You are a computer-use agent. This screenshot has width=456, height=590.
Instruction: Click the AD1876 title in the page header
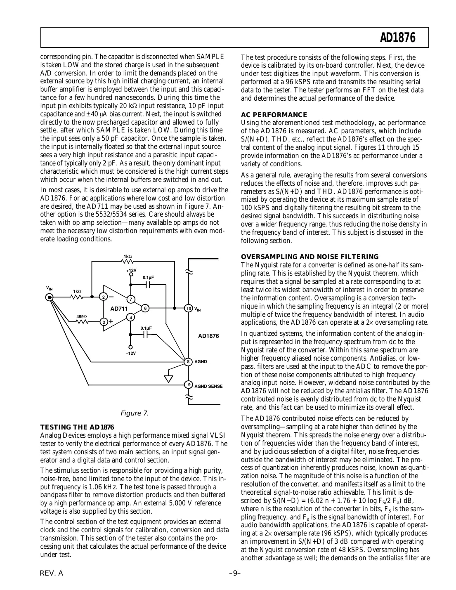[397, 38]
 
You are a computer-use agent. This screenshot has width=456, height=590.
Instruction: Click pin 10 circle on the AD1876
[188, 309]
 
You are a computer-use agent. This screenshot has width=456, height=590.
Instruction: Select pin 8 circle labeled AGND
[188, 362]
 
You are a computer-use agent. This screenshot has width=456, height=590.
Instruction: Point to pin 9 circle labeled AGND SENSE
[188, 385]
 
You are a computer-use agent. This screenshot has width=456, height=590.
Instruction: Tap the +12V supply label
[131, 271]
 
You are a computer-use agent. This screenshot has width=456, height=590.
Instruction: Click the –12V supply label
[131, 353]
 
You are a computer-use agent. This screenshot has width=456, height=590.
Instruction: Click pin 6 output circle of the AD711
[145, 308]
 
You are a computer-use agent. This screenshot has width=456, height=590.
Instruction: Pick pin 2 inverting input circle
[104, 297]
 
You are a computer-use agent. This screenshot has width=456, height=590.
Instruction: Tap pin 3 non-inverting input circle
[104, 321]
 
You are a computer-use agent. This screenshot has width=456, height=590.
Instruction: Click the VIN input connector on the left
[50, 297]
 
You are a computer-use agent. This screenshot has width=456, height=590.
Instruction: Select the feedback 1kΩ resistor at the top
[128, 261]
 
